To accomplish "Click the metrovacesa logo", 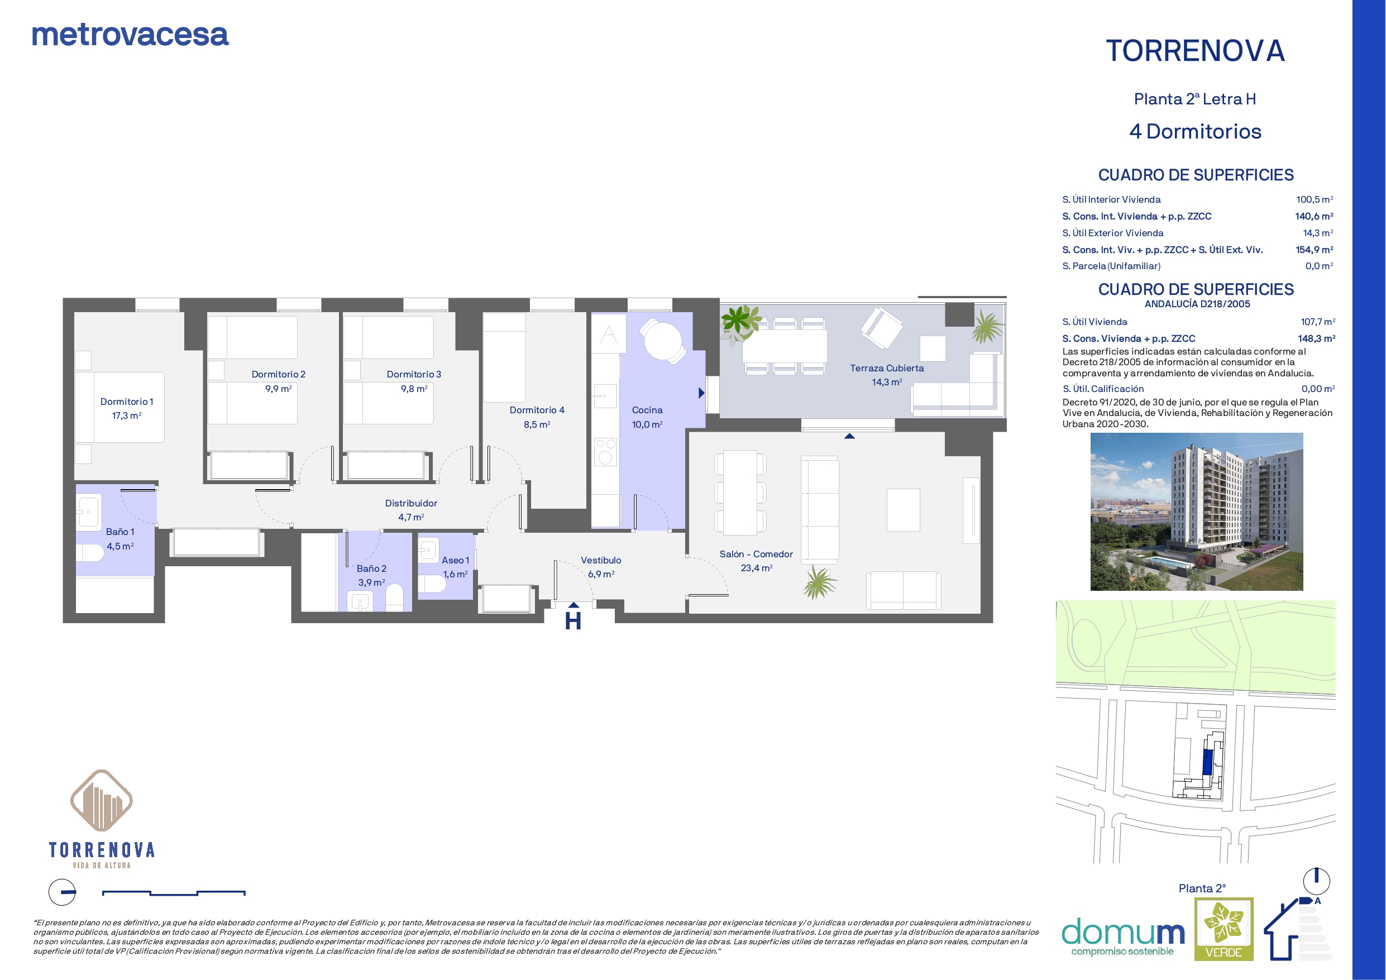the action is coord(130,35).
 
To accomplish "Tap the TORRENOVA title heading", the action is coord(1195,51).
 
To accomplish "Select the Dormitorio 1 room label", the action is coord(127,401).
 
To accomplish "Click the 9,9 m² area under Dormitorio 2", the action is coord(278,389).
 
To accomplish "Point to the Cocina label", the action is coord(647,410).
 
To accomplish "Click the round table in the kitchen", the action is coord(663,341).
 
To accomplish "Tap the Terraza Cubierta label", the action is coord(887,369).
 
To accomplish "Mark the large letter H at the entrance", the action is coord(573,621).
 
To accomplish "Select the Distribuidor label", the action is coord(411,503).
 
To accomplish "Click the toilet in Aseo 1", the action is coord(432,584).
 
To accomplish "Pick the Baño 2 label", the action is coord(371,568).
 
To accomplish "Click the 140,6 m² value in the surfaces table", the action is coord(1314,216).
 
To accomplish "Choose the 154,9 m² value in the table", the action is coord(1314,250).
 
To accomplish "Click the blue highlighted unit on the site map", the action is coord(1207,763).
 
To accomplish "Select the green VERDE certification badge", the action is coord(1223,929).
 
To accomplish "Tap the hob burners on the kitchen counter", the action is coord(605,452).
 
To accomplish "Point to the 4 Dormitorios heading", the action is coord(1195,132).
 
